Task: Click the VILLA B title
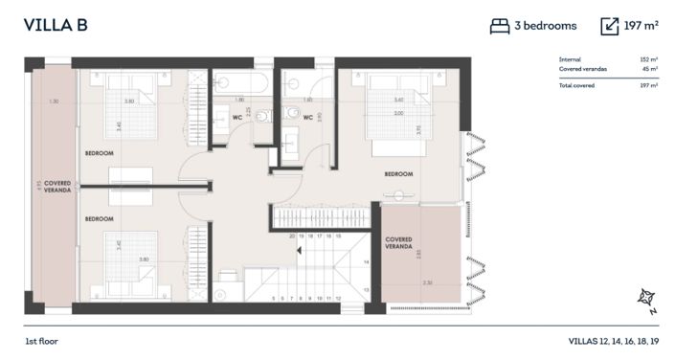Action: point(56,25)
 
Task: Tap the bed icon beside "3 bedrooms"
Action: point(499,26)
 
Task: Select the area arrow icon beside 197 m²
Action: point(610,26)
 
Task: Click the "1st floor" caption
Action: point(43,341)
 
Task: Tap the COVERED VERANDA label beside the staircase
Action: point(399,243)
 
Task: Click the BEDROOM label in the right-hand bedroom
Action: point(398,174)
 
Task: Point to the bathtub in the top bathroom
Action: point(241,82)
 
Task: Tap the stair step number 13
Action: point(365,287)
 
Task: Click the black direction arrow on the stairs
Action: point(301,251)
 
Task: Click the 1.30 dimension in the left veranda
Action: point(54,101)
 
